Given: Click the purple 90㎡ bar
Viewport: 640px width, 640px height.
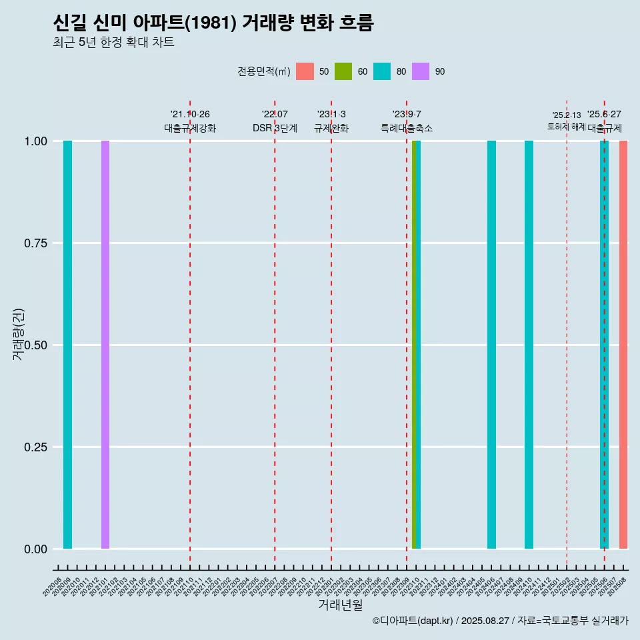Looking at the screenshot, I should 105,345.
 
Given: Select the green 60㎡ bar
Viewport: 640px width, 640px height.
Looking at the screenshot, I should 414,345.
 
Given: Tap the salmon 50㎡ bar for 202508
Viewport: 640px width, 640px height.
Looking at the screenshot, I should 623,345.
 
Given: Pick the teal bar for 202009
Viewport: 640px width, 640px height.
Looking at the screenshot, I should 67,345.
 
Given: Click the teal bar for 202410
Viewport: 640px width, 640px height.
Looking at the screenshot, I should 529,345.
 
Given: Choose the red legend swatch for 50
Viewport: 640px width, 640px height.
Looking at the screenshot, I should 305,71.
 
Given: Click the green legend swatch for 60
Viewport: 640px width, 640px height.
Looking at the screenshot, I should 343,71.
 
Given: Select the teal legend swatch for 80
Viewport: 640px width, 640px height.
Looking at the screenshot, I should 382,71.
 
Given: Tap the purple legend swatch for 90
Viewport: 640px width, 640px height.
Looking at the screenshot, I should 421,71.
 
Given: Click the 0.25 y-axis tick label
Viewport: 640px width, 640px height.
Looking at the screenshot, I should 35,447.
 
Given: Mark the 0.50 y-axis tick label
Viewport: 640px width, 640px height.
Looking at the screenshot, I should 35,345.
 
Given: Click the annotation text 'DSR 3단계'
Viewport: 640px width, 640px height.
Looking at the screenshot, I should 275,128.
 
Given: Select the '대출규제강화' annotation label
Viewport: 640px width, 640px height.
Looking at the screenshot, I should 190,128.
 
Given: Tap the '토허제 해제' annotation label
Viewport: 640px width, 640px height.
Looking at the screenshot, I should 566,126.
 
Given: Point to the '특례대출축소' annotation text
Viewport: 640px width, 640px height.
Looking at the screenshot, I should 407,128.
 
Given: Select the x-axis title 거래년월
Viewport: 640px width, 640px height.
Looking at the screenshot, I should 340,605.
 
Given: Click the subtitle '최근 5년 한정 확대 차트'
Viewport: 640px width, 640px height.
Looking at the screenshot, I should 113,43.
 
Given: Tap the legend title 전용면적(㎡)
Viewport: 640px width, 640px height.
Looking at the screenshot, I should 263,71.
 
